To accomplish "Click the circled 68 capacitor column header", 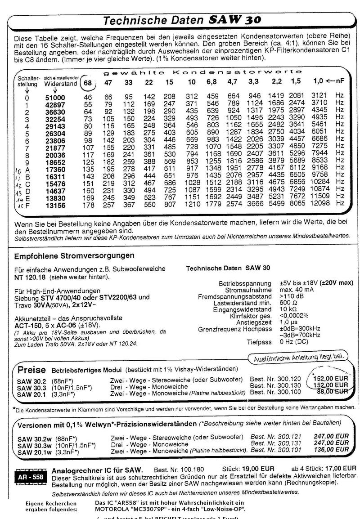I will pyautogui.click(x=88, y=83).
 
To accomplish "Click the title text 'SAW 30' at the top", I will pyautogui.click(x=234, y=20).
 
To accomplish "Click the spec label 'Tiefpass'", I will pyautogui.click(x=260, y=342).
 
